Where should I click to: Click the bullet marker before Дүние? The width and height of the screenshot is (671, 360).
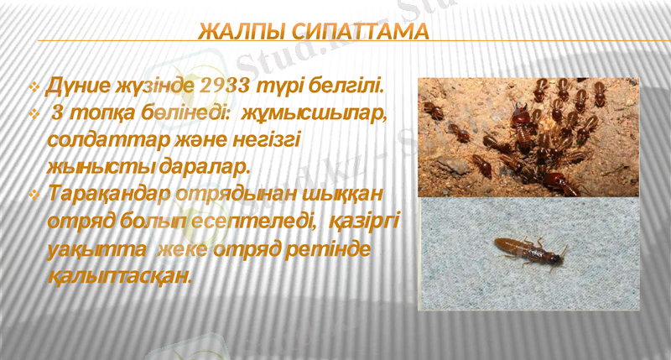coord(34,86)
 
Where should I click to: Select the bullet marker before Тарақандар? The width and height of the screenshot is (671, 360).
coord(34,195)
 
